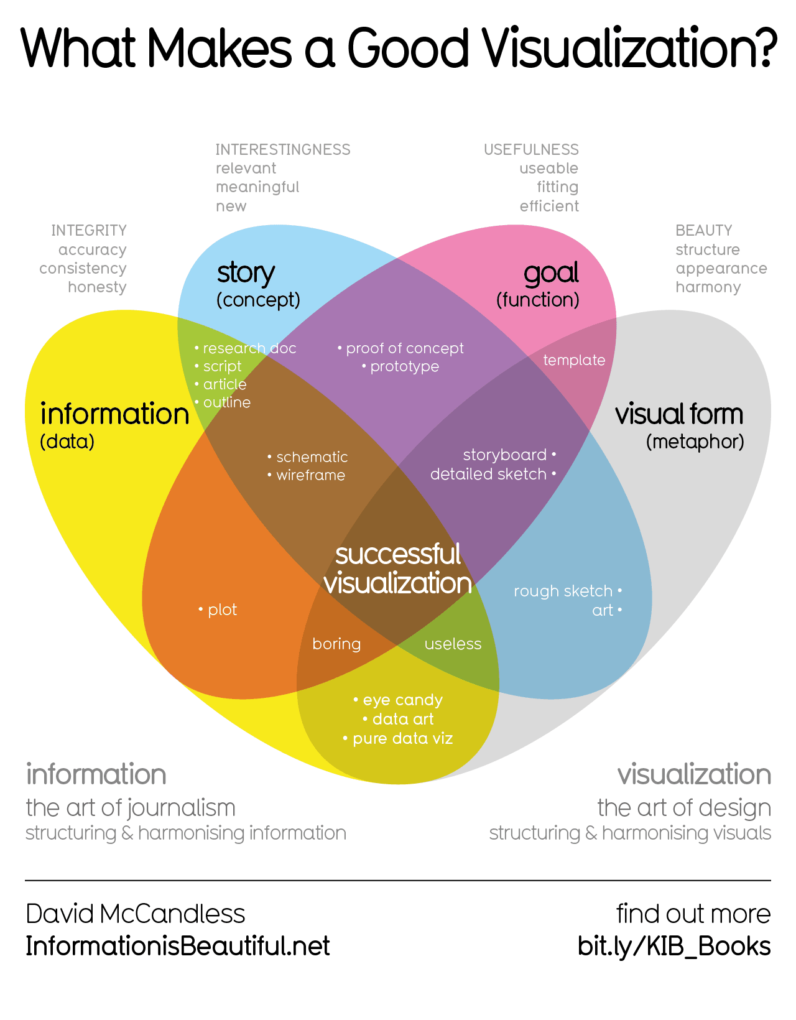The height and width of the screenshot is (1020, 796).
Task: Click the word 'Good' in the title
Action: click(x=407, y=49)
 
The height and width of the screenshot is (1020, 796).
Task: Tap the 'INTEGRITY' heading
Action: click(x=89, y=231)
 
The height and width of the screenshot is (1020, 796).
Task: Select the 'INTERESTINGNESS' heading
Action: click(x=283, y=150)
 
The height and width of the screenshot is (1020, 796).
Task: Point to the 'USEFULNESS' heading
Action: click(x=531, y=150)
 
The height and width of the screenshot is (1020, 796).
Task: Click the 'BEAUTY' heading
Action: click(x=703, y=231)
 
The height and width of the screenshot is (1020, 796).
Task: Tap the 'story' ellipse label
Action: click(x=246, y=274)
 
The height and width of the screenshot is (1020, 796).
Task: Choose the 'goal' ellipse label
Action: click(x=551, y=274)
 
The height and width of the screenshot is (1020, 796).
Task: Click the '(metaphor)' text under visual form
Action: click(x=695, y=442)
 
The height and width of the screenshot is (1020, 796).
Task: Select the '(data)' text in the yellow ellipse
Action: click(x=67, y=442)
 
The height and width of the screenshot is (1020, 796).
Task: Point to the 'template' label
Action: click(x=574, y=360)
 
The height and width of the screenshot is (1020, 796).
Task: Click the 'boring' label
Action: click(x=336, y=644)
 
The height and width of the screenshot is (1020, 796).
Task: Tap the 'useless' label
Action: click(x=453, y=644)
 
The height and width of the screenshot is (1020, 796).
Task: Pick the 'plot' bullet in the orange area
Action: click(x=222, y=610)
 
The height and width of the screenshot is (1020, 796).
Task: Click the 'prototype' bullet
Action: click(x=404, y=366)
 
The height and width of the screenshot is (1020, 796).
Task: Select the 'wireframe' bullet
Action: click(x=310, y=475)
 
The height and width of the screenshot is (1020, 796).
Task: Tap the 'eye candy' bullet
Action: click(x=402, y=700)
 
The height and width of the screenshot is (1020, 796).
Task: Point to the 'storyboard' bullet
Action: click(x=505, y=455)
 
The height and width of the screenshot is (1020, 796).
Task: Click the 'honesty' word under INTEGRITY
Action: click(x=97, y=287)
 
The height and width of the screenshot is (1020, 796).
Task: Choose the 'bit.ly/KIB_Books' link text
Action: click(x=674, y=946)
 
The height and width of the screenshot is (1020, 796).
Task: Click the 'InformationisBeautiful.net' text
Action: click(x=178, y=946)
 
